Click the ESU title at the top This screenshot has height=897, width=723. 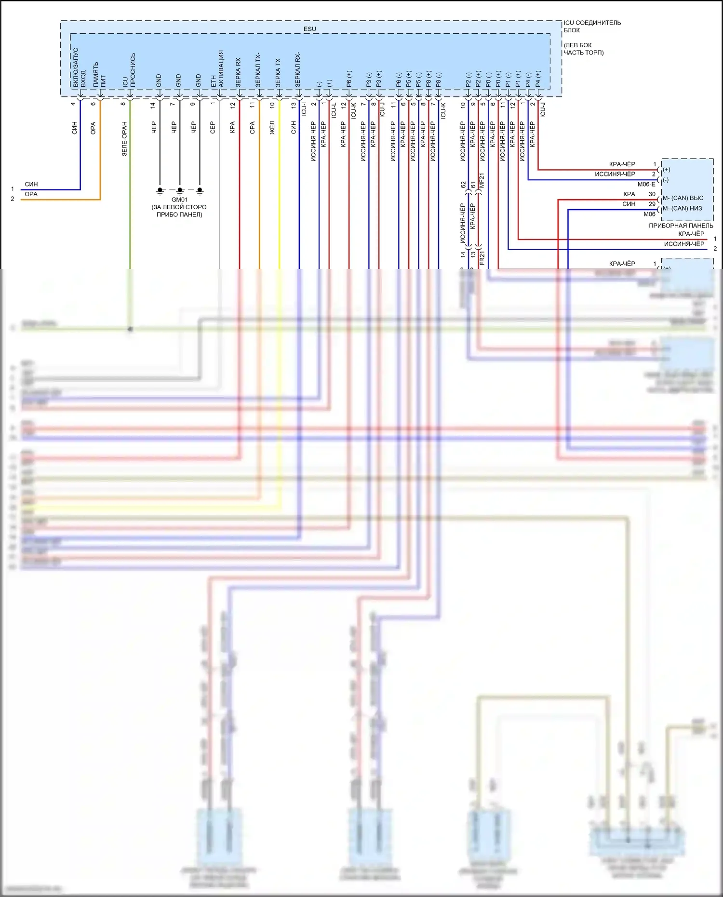309,29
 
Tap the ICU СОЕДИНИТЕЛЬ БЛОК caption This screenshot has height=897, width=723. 592,26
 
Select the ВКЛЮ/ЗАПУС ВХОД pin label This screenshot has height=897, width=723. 79,67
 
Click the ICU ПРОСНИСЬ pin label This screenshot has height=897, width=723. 129,70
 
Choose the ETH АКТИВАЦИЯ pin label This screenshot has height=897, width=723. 217,69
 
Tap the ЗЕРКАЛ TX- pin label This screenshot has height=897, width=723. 258,70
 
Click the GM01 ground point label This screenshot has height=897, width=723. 179,200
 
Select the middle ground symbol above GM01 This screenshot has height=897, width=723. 180,190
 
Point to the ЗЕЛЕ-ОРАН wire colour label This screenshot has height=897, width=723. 124,139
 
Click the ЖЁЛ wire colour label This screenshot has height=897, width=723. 272,128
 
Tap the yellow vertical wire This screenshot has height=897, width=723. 279,193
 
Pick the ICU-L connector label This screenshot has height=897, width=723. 334,110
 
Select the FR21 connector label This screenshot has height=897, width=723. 482,258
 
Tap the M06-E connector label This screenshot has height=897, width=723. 646,184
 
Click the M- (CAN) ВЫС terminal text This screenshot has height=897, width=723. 683,198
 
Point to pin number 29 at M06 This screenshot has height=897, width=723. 652,204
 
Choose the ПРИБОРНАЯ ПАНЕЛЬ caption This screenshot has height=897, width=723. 681,226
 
